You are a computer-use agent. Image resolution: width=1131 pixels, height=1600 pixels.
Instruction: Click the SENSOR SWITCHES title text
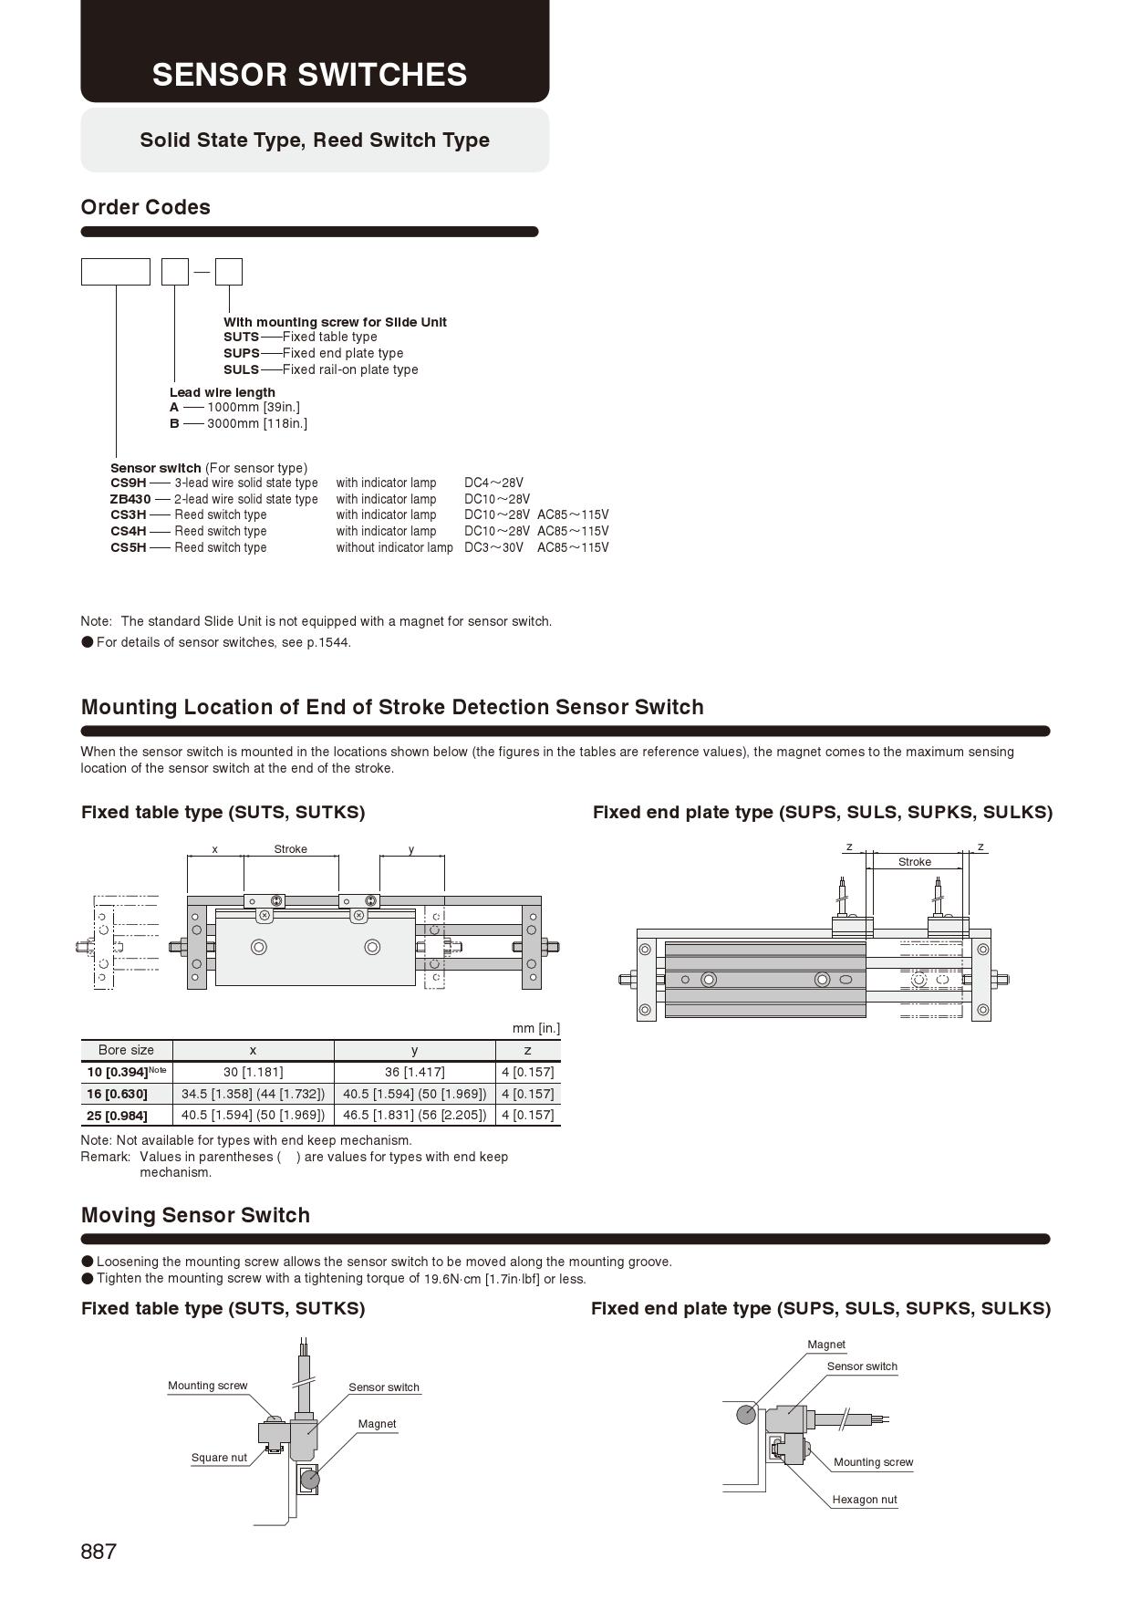309,75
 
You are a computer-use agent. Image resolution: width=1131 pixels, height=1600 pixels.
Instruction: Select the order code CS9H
128,483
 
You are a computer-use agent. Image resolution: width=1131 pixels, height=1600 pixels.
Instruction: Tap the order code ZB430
130,499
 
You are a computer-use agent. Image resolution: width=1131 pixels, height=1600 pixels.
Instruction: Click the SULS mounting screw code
241,369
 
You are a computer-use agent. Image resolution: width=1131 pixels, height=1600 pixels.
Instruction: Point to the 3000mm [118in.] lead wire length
256,423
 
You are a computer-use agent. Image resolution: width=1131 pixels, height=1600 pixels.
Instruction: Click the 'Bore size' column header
126,1050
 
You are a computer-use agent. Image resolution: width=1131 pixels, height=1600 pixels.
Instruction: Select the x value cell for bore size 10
253,1072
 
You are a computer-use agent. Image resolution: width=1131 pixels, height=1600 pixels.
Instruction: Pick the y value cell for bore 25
414,1115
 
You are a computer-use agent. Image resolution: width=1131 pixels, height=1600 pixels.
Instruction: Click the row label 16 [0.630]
117,1094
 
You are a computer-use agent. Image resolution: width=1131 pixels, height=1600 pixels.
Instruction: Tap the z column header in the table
527,1050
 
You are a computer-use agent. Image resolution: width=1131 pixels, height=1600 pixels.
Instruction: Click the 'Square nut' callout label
219,1458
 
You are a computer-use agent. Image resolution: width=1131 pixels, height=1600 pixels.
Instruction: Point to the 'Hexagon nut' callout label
864,1500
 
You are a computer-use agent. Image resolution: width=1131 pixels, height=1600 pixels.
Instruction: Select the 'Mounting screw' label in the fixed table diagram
207,1386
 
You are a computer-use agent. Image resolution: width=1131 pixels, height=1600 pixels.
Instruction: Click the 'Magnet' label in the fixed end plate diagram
825,1345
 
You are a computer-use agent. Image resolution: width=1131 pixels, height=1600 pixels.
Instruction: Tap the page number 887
99,1552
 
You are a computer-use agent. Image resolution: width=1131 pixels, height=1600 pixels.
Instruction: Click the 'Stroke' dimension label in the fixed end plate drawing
914,862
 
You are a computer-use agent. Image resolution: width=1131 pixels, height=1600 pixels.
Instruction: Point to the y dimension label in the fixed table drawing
411,849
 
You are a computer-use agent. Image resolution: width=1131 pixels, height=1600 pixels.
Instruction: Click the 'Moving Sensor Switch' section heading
195,1215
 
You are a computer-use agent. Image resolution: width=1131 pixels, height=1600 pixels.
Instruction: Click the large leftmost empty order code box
116,272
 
